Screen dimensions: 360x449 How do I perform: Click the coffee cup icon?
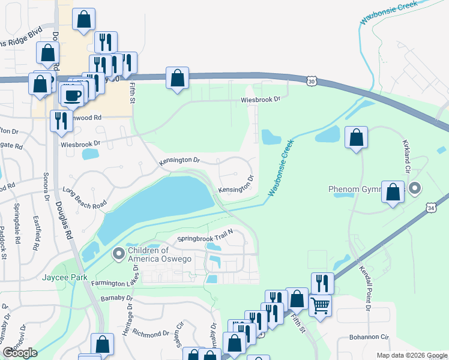coord(73,94)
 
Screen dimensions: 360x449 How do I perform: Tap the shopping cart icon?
coord(320,305)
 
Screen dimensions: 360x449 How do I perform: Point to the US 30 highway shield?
coord(310,80)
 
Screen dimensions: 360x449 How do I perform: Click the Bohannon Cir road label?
coord(372,338)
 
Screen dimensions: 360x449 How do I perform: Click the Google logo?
coord(20,353)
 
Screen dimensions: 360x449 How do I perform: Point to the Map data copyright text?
coord(411,355)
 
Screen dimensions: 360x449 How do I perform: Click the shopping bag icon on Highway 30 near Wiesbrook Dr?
coord(177,77)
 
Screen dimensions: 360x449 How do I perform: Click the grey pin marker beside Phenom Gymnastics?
coord(415,190)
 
